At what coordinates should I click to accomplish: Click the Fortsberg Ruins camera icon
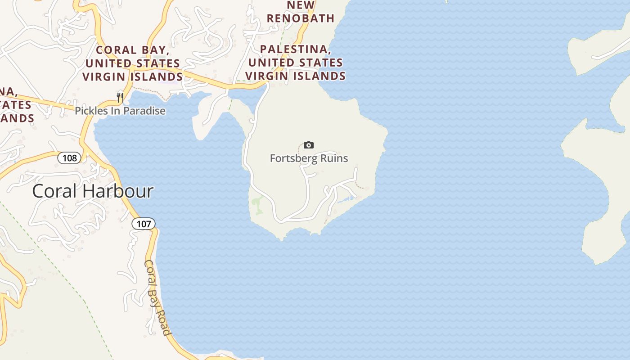tap(309, 145)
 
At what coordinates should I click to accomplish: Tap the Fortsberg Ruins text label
tap(309, 158)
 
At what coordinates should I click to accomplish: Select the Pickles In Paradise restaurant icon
tap(120, 97)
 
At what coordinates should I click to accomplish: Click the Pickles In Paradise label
tap(120, 111)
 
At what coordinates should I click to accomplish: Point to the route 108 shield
tap(70, 158)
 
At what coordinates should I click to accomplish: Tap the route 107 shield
tap(144, 224)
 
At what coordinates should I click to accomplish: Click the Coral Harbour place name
tap(93, 191)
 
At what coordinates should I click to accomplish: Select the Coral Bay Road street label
tap(158, 297)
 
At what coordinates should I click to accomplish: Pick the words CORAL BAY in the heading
tap(132, 50)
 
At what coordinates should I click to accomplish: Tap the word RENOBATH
tap(301, 18)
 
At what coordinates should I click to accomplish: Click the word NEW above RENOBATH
tap(301, 5)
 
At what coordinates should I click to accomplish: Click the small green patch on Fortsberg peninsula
tap(257, 205)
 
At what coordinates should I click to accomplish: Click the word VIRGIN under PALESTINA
tap(267, 76)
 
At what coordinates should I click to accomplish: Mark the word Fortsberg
tap(293, 158)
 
